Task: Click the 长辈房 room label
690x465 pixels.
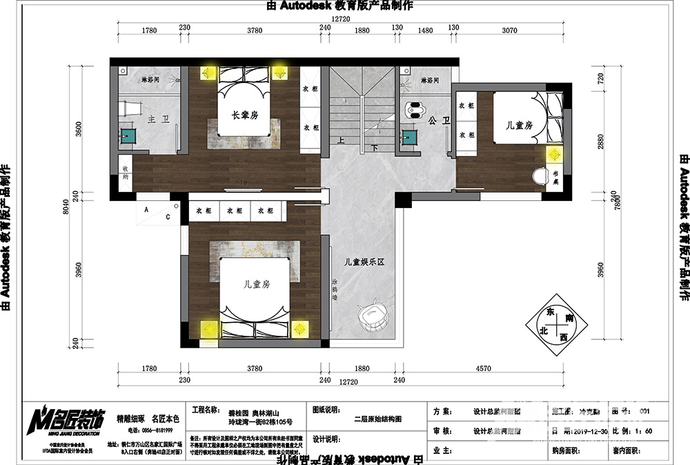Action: [x=245, y=116]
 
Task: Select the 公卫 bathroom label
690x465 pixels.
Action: [x=434, y=121]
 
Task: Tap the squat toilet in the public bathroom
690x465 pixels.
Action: [x=415, y=109]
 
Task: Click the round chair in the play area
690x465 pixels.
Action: [x=374, y=316]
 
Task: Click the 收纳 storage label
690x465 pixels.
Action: [x=126, y=173]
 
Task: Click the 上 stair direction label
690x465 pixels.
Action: [x=340, y=140]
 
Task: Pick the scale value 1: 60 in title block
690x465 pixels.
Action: [x=645, y=430]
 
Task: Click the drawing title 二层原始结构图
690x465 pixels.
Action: [x=377, y=419]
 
